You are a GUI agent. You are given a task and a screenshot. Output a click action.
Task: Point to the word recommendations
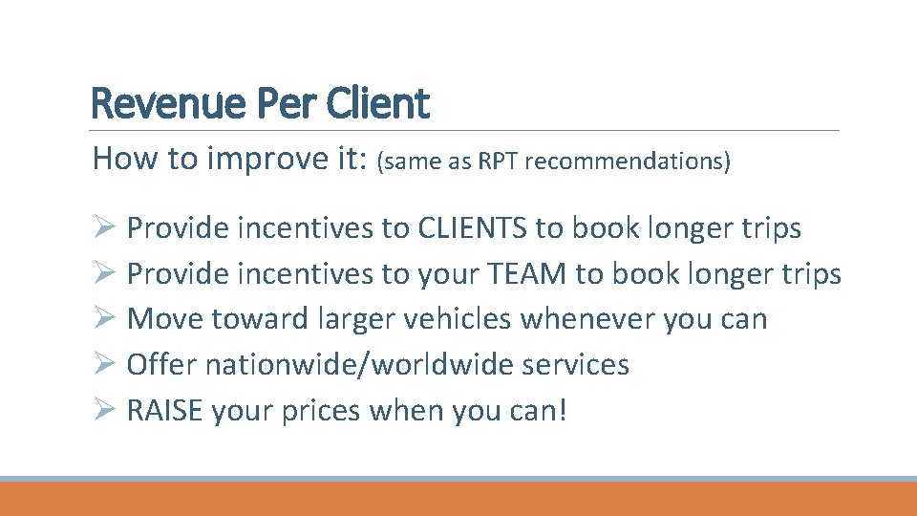[x=624, y=161]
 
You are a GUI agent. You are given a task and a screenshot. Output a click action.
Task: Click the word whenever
[x=590, y=319]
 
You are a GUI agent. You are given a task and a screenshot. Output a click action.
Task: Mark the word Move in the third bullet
[x=160, y=319]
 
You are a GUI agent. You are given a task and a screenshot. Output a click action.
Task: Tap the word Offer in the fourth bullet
[x=161, y=365]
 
